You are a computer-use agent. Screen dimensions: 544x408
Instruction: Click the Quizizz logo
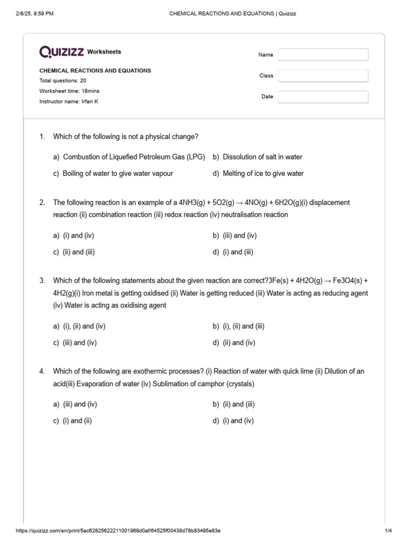point(62,52)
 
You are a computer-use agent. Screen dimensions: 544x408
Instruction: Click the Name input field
point(323,55)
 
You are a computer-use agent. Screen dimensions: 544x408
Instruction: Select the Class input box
point(323,76)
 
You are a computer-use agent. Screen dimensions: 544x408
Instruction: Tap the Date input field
point(323,97)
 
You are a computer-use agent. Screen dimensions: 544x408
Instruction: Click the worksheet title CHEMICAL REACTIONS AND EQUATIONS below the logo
point(95,71)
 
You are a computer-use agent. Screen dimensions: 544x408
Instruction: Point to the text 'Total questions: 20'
point(63,81)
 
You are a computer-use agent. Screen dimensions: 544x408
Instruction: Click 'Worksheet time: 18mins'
point(69,91)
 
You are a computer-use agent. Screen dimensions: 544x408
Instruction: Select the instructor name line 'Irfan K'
point(69,101)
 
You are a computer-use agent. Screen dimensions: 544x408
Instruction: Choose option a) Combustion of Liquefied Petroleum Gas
point(129,157)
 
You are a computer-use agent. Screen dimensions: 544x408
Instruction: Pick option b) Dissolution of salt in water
point(258,157)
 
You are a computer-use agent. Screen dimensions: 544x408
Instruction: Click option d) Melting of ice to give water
point(258,174)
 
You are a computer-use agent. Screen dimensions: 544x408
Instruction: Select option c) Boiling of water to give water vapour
point(113,174)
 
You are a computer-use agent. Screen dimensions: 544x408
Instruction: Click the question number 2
point(42,203)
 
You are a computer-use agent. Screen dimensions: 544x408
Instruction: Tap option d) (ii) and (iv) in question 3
point(234,343)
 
